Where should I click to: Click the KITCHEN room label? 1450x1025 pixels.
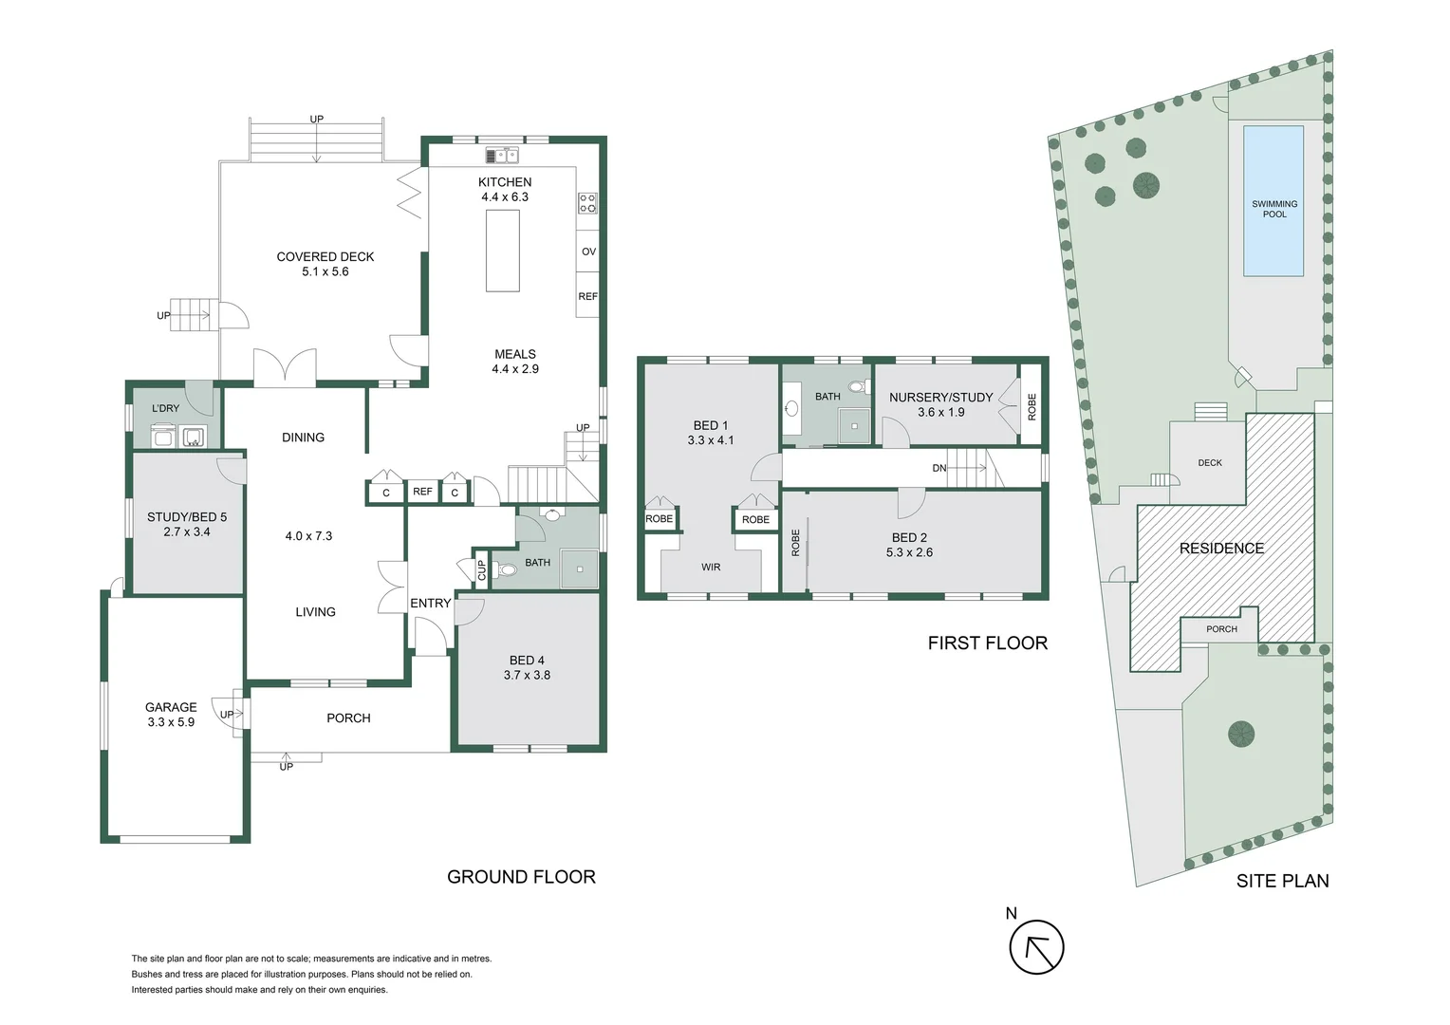point(505,182)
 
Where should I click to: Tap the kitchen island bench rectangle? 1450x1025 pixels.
point(503,251)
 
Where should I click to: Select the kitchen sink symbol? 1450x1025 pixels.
point(502,156)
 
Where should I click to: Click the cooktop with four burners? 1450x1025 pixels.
point(587,203)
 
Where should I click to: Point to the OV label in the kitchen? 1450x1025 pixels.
point(588,252)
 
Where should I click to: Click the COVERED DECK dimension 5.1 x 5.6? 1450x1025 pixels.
point(325,272)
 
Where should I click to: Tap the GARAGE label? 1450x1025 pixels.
point(171,707)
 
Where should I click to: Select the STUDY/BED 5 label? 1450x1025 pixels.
point(187,516)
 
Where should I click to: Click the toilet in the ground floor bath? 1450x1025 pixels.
point(506,569)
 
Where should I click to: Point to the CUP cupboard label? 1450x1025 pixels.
point(482,570)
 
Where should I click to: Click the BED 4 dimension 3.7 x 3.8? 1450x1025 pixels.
point(527,675)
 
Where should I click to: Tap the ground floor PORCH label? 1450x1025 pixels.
point(348,718)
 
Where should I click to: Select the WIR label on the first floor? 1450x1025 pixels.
point(711,568)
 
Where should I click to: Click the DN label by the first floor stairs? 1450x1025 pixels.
point(939,468)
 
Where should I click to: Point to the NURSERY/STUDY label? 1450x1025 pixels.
point(940,398)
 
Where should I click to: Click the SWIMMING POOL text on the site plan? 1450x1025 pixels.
point(1274,209)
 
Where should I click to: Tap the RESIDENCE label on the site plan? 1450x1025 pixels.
point(1221,549)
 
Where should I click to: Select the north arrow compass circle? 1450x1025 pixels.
point(1036,947)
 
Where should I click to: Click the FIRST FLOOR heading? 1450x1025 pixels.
point(988,643)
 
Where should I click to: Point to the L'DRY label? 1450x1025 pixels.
point(165,408)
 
